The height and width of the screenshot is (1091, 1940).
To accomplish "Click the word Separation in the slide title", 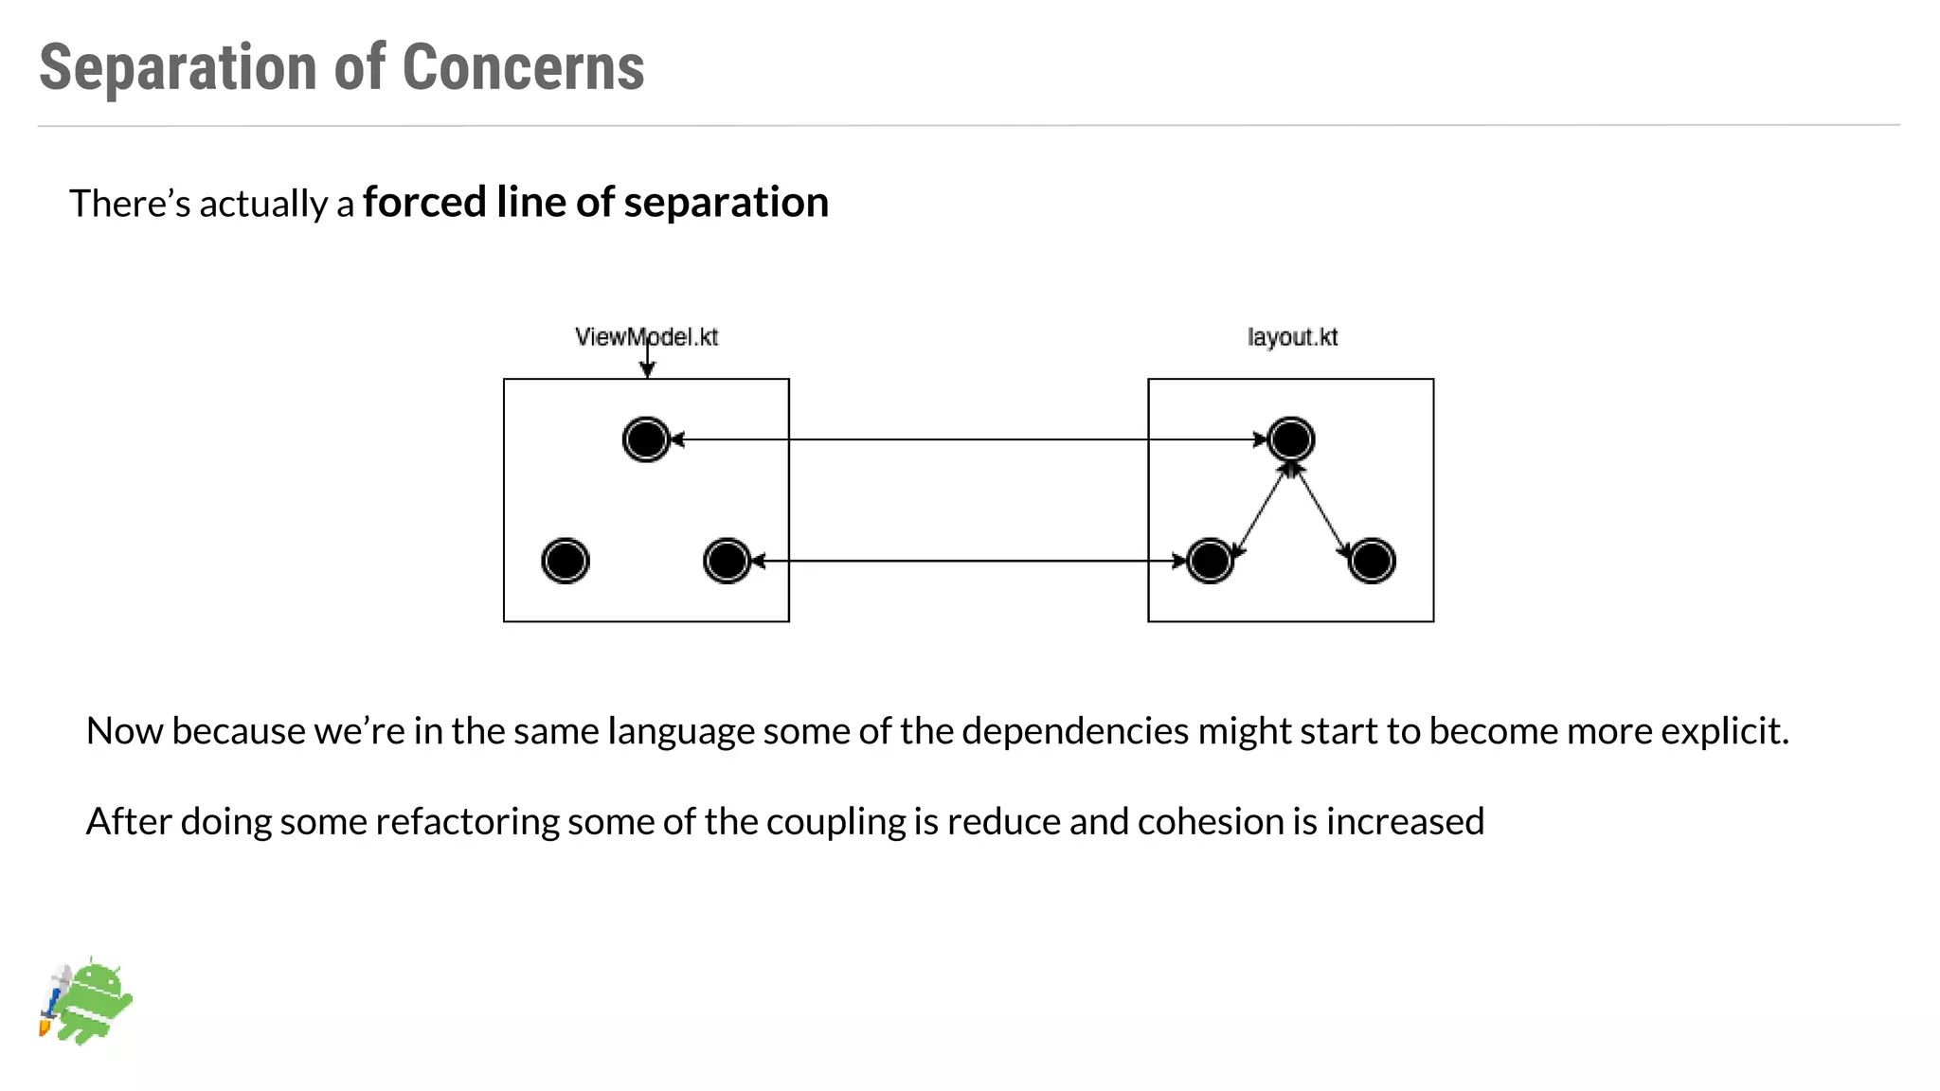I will click(178, 68).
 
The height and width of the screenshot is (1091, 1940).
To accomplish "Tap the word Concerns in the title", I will click(523, 68).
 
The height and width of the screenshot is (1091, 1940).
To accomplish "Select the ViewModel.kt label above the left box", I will click(647, 337).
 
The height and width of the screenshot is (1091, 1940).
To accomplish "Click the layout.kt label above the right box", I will click(1292, 337).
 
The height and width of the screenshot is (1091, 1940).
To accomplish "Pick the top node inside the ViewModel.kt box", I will click(647, 439).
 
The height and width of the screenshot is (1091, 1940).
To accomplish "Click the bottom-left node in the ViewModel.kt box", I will click(566, 561).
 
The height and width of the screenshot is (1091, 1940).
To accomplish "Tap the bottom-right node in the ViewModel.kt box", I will click(727, 561).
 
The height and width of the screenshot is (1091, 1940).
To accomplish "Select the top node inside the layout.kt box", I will click(1291, 439).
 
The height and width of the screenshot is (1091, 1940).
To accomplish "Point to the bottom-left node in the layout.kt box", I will click(1210, 561).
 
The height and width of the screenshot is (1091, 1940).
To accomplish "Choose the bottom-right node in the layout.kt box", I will click(1372, 561).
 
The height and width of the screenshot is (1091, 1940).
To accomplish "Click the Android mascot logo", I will click(87, 1002).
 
